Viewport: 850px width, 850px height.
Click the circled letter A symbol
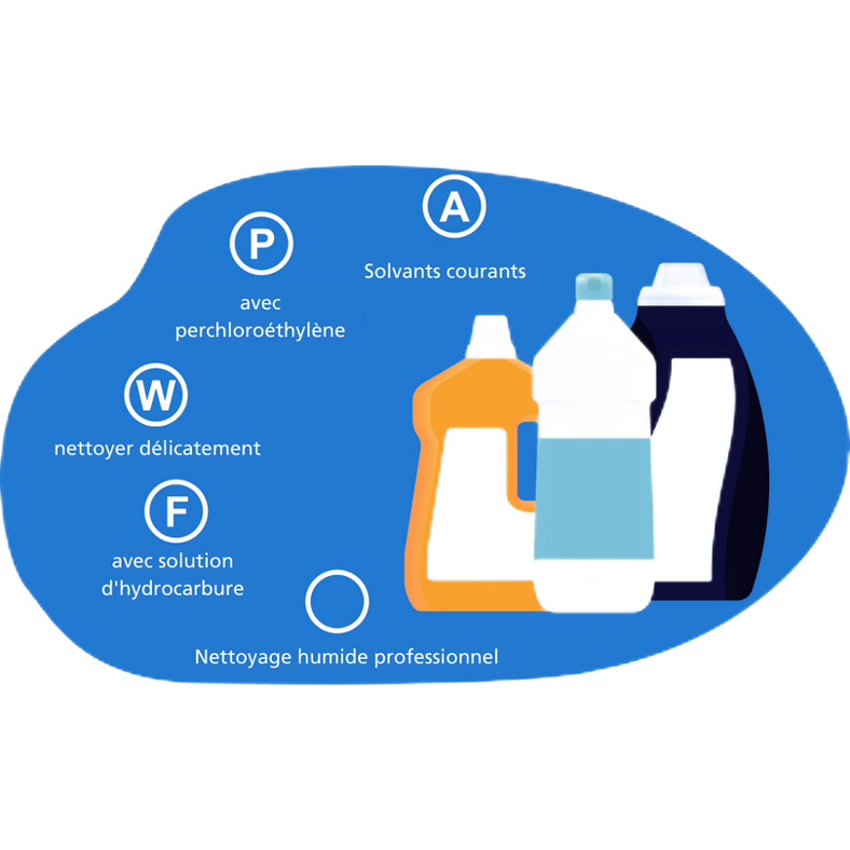453,207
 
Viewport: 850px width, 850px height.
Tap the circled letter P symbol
261,244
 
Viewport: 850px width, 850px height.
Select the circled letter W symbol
156,395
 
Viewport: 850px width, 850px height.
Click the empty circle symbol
337,601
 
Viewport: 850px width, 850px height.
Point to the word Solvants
402,271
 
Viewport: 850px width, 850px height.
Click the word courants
485,271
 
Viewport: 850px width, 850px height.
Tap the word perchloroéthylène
260,330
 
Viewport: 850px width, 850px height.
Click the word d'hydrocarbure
173,589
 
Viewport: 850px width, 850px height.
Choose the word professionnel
444,657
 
